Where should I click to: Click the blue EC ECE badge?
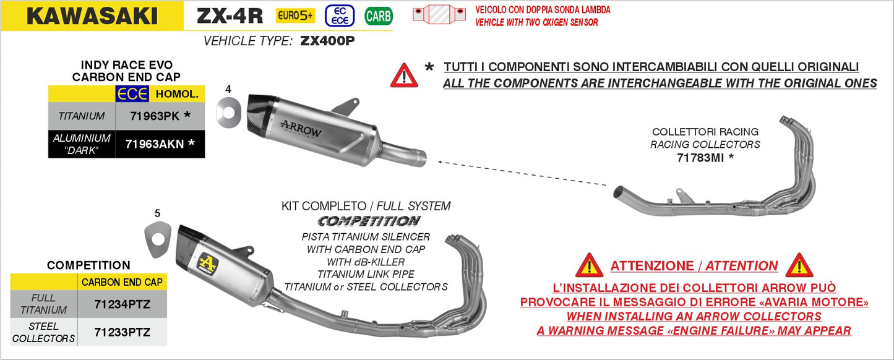pyautogui.click(x=340, y=16)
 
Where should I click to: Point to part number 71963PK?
pyautogui.click(x=152, y=116)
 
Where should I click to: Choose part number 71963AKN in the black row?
pyautogui.click(x=155, y=144)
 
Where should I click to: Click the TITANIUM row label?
pyautogui.click(x=82, y=116)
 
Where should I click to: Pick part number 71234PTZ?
pyautogui.click(x=122, y=304)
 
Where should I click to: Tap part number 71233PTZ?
pyautogui.click(x=122, y=332)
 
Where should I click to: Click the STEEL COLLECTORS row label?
pyautogui.click(x=43, y=332)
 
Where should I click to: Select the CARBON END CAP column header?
pyautogui.click(x=122, y=282)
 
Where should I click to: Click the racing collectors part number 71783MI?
pyautogui.click(x=701, y=158)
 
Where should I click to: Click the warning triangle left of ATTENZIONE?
pyautogui.click(x=589, y=266)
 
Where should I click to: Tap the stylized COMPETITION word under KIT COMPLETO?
pyautogui.click(x=368, y=221)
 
